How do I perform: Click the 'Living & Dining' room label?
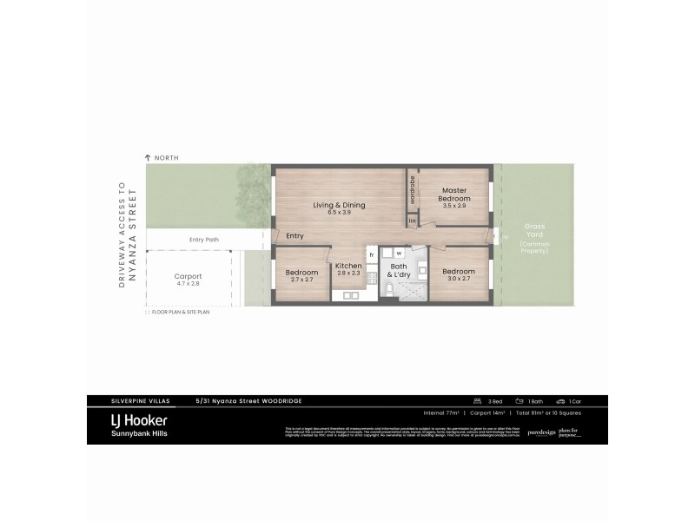340,205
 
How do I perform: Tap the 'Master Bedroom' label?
454,195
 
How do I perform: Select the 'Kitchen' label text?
348,266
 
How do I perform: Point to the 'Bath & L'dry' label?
399,270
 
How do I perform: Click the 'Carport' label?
188,276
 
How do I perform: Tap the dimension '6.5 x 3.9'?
340,213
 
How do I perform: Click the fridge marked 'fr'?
371,254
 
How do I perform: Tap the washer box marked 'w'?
399,254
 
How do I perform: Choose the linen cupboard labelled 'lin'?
413,221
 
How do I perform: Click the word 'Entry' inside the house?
295,236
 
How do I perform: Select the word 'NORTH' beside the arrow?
166,157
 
